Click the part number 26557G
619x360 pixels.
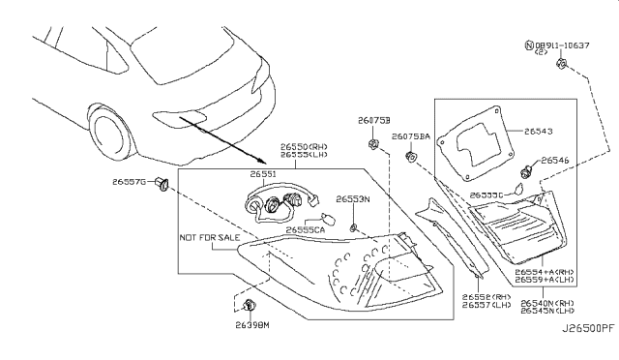pos(128,181)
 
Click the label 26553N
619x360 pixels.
pos(353,198)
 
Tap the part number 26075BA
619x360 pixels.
pos(413,137)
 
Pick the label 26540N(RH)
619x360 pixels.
pos(547,303)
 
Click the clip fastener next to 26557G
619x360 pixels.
pos(162,183)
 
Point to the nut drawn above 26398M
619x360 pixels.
pos(250,306)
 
